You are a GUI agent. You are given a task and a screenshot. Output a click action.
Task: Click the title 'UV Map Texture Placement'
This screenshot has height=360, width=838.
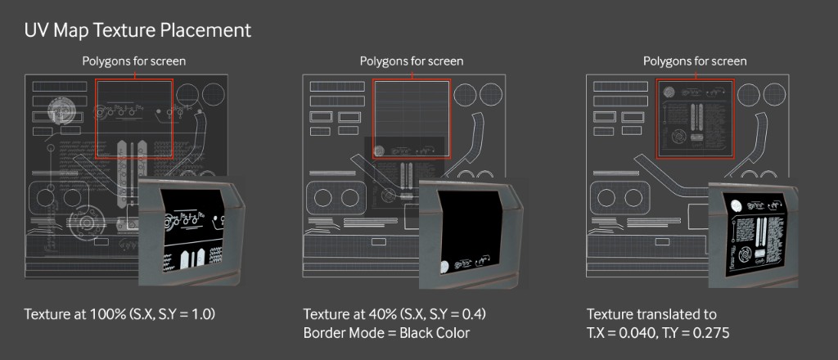pos(137,31)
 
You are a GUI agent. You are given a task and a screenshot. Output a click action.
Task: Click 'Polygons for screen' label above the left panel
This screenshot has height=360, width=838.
pos(133,61)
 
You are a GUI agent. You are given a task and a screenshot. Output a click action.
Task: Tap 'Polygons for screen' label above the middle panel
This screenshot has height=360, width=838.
pos(412,61)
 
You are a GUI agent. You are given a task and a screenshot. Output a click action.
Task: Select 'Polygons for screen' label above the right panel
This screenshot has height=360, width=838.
pos(695,61)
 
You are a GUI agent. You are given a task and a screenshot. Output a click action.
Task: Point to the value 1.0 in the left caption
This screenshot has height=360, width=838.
pos(199,315)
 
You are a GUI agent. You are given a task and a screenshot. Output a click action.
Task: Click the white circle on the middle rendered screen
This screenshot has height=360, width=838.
pos(444,267)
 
